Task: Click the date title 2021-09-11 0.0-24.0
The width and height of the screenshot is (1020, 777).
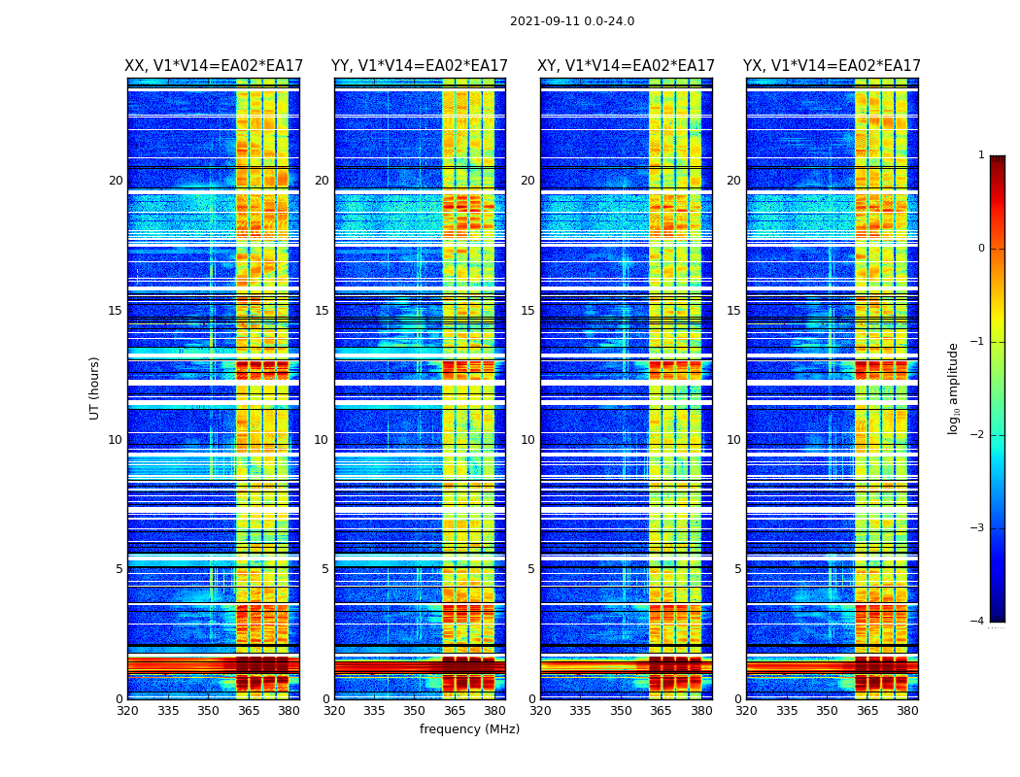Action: pos(571,21)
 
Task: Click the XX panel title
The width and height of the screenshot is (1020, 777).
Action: pos(214,66)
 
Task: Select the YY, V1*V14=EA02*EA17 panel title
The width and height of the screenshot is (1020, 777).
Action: pos(420,66)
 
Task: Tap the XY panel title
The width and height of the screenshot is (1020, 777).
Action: pos(627,66)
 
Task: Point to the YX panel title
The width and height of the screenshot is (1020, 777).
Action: pos(832,66)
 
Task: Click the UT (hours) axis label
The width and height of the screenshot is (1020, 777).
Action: pos(94,388)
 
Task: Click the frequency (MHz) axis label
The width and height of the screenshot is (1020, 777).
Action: pos(469,729)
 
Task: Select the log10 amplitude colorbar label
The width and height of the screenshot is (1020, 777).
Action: pos(953,388)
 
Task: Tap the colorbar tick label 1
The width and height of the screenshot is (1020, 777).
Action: pos(981,155)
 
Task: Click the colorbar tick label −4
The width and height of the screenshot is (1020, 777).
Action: pos(978,622)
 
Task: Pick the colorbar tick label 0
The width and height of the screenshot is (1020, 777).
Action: pos(981,249)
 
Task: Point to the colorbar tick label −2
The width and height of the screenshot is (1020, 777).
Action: pos(978,435)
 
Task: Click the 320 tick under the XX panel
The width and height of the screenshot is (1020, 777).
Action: pos(127,711)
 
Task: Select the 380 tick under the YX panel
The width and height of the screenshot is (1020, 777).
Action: pos(907,711)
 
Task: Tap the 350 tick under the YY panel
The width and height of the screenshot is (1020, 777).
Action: pos(415,711)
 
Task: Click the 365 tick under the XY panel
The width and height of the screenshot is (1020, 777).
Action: pos(661,711)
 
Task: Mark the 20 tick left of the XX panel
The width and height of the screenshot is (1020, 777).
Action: pos(116,181)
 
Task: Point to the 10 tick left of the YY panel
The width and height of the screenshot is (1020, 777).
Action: pos(322,440)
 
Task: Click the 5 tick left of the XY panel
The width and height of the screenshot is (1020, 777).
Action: pos(531,569)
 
